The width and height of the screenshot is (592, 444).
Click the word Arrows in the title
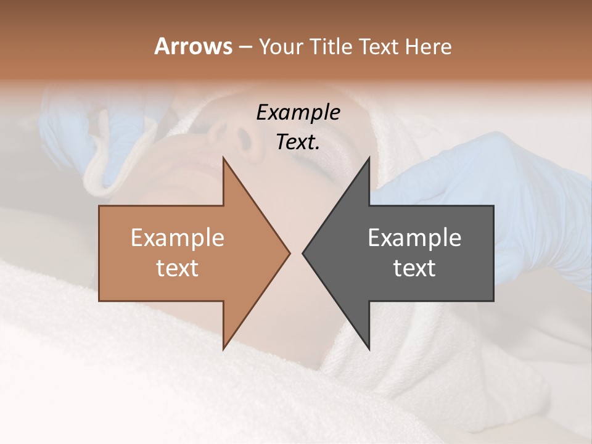click(193, 46)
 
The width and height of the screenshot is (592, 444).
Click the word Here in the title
click(428, 47)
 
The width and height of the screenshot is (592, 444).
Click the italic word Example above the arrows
click(298, 113)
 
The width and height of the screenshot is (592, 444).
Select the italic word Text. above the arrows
click(298, 142)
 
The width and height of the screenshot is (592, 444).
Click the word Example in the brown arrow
click(178, 238)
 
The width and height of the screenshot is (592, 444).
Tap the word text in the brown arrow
click(178, 268)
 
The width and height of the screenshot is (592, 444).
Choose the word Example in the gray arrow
click(414, 238)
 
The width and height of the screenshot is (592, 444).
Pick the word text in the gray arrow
click(414, 268)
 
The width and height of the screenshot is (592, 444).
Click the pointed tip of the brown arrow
click(289, 253)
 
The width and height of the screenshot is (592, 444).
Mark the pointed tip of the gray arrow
click(303, 253)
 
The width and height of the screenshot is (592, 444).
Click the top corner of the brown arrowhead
click(223, 158)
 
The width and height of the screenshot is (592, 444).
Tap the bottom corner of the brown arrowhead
click(223, 349)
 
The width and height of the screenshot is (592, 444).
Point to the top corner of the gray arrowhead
click(369, 158)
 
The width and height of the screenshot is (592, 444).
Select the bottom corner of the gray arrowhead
click(369, 349)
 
